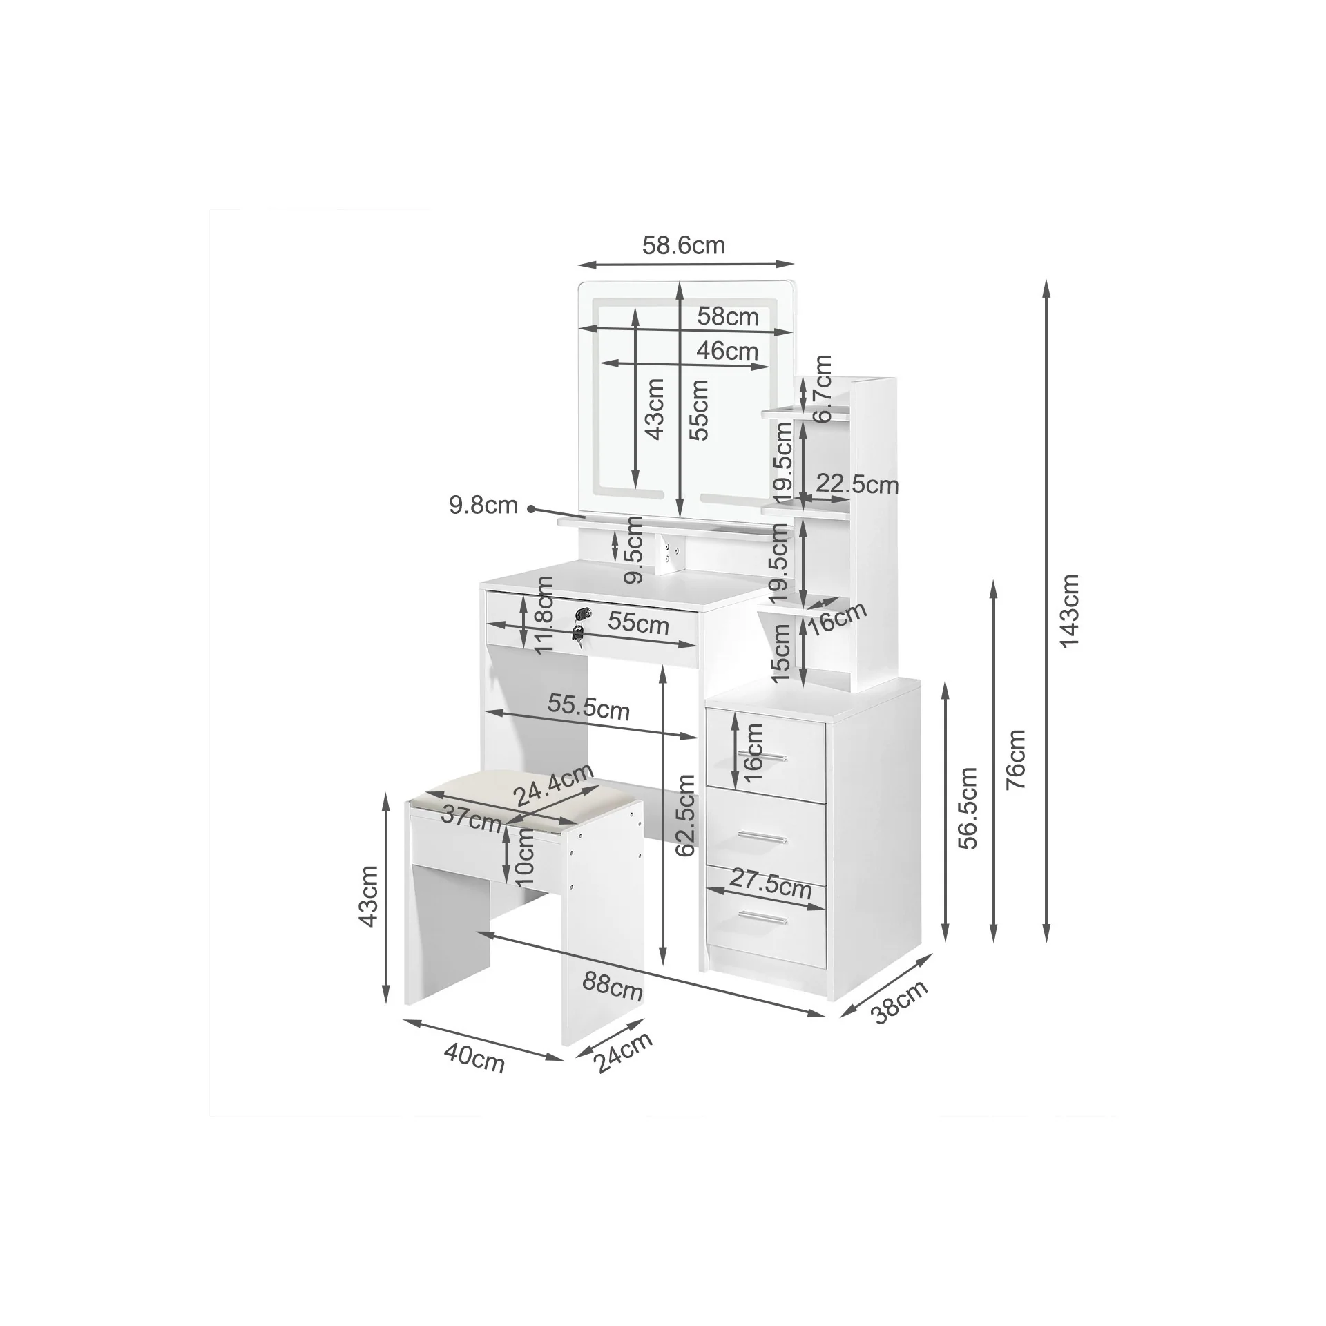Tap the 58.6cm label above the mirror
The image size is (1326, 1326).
[683, 245]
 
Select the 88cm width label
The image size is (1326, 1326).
[612, 987]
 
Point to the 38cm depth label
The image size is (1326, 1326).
[899, 1002]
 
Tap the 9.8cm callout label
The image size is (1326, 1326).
[483, 506]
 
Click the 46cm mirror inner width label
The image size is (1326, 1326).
[727, 351]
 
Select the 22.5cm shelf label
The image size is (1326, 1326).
[857, 484]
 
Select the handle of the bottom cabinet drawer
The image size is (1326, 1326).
[762, 917]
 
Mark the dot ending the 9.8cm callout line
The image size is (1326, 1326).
[531, 510]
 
